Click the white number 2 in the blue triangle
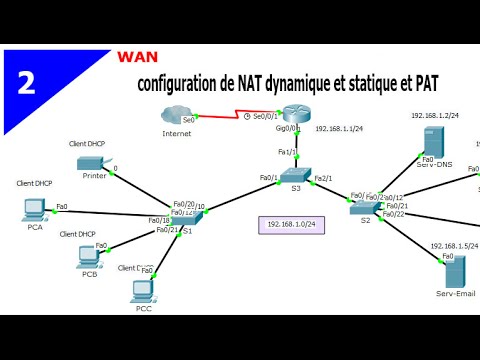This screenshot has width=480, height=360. tap(26, 82)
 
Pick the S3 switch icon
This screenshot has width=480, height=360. tap(296, 175)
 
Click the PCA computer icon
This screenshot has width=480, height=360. tap(34, 209)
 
